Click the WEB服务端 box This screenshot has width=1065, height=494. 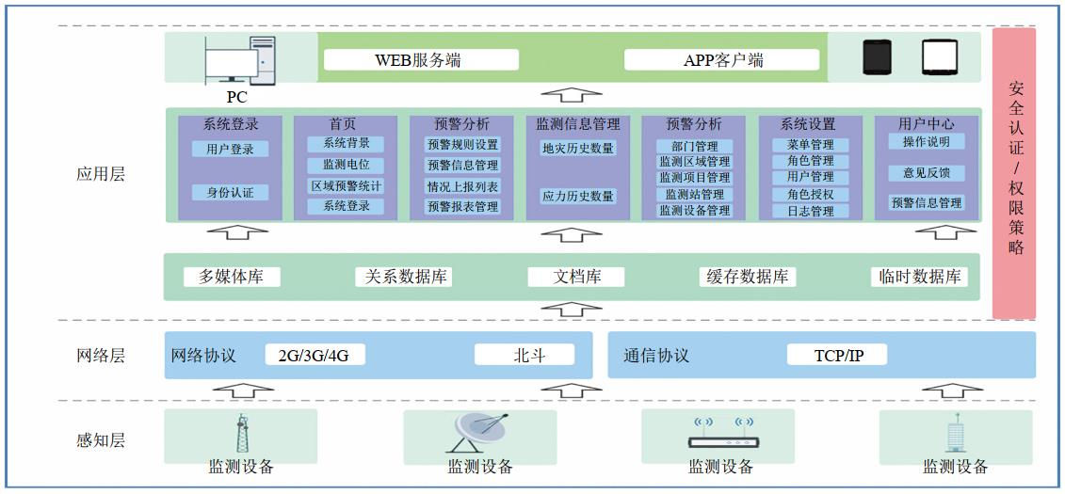coord(420,60)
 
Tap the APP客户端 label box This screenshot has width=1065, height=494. coord(722,60)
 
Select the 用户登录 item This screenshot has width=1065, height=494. coord(230,149)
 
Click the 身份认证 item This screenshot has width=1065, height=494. coord(230,192)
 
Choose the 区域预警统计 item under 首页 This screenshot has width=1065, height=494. coord(346,185)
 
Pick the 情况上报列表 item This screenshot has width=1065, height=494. coord(462,186)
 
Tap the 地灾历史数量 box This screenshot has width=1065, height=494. coord(577,148)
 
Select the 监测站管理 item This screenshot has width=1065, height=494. coord(694,194)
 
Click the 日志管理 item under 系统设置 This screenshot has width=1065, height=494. coord(810,211)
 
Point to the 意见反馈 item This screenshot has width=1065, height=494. coord(927,173)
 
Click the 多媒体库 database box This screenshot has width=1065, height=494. coord(232,277)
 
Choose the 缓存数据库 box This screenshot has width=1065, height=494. coord(748,277)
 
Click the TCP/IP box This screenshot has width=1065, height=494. coord(837,356)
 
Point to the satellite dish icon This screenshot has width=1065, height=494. coord(480,434)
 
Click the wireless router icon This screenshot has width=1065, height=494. coord(721,434)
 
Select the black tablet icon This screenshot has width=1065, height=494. coord(877,57)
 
